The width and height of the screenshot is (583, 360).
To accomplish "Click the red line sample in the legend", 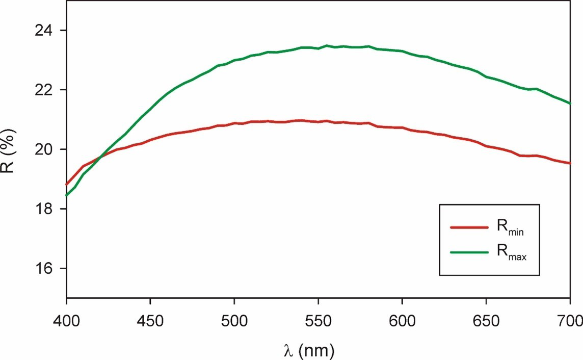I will (x=469, y=228).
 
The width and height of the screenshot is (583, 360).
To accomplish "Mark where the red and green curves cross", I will (x=100, y=157).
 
